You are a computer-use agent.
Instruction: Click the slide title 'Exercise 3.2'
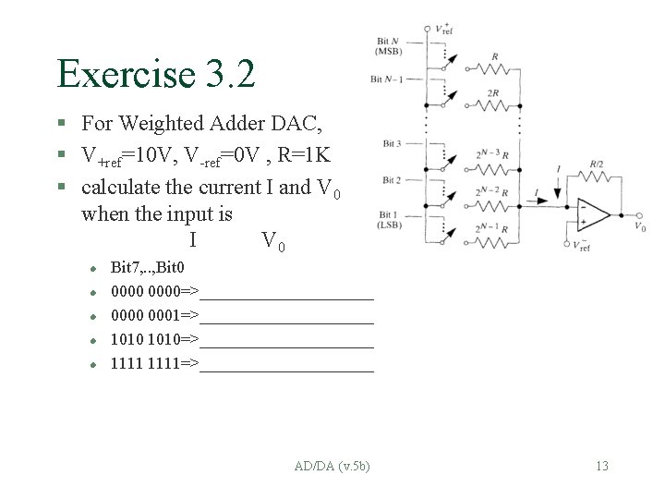click(155, 73)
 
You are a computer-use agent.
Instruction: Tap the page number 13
click(602, 466)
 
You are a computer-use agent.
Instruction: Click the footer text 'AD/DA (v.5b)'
click(330, 466)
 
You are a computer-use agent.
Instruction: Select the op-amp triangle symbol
click(591, 216)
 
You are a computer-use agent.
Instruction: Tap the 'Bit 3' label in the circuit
click(393, 143)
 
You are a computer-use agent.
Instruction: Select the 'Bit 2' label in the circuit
click(393, 179)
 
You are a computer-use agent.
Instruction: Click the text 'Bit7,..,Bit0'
click(147, 268)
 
